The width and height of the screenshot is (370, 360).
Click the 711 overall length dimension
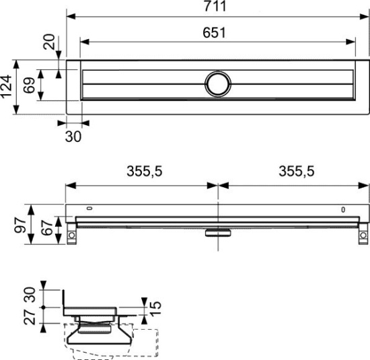pyautogui.click(x=217, y=7)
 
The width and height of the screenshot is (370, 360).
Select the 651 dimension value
pyautogui.click(x=217, y=32)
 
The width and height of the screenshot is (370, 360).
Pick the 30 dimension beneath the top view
pyautogui.click(x=73, y=137)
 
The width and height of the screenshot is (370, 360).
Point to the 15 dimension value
pyautogui.click(x=155, y=309)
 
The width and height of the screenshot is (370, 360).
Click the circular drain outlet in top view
pyautogui.click(x=218, y=83)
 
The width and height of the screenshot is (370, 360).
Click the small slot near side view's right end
pyautogui.click(x=343, y=209)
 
